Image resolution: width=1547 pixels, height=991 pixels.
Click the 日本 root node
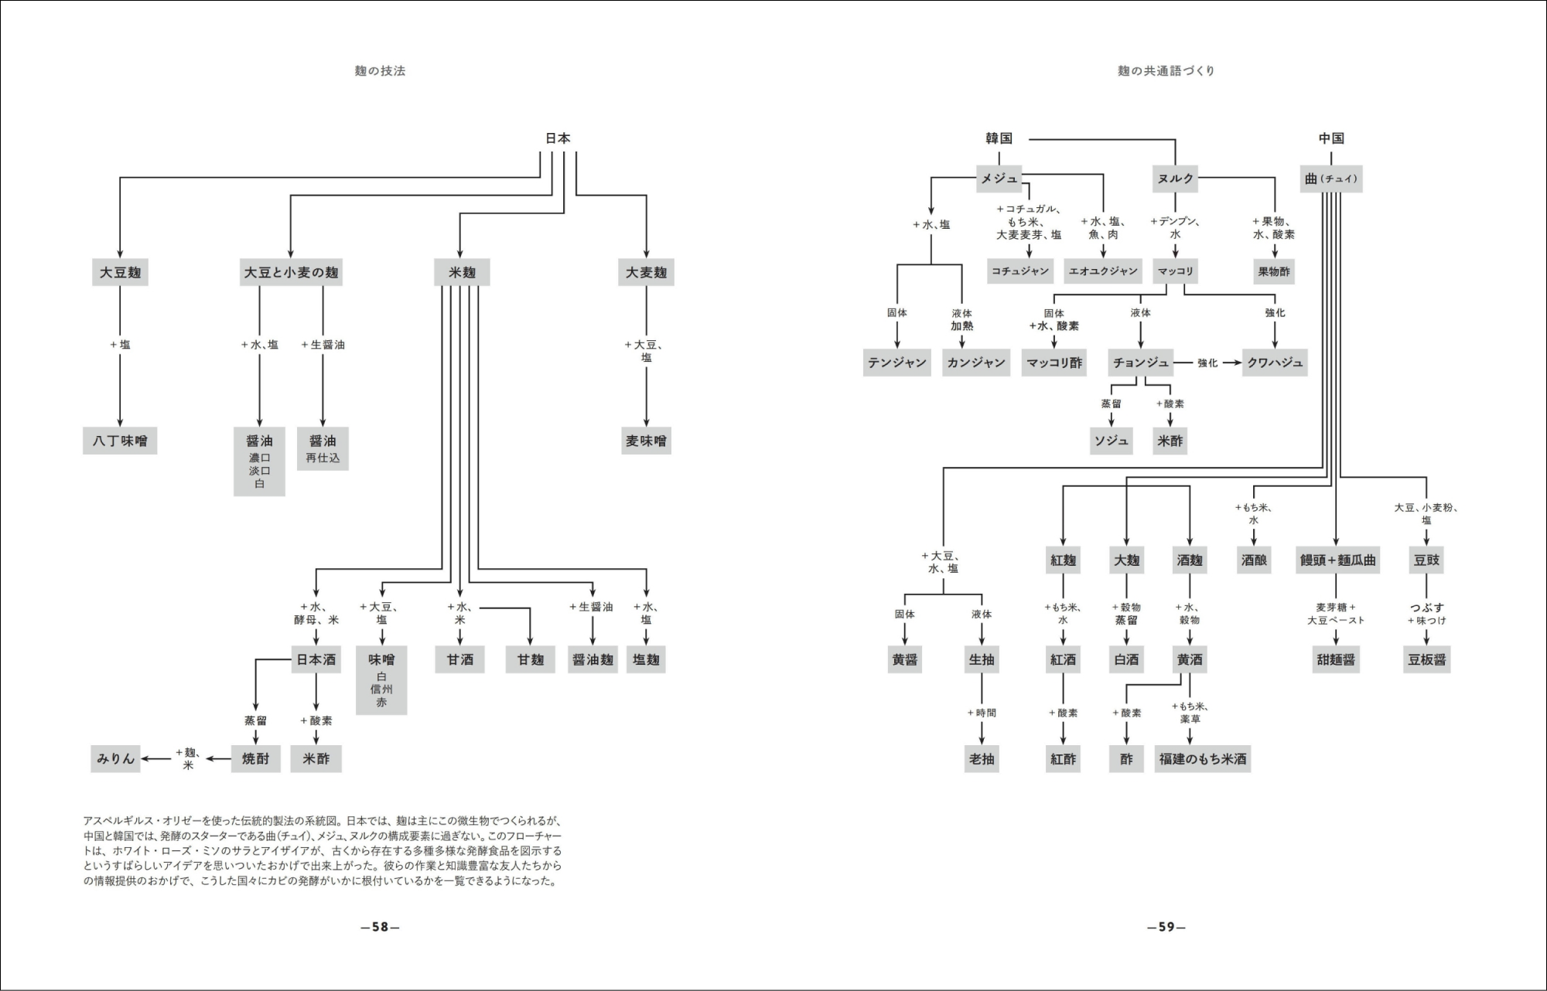[x=558, y=138]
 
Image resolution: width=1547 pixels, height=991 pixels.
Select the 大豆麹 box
[x=120, y=272]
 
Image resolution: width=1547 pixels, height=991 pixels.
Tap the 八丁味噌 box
[x=120, y=441]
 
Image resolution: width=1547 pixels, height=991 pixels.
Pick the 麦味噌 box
[x=646, y=441]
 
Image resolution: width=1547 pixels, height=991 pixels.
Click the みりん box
[x=116, y=758]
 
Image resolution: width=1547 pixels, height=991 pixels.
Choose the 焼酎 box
[x=255, y=758]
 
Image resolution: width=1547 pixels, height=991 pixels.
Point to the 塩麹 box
[x=646, y=659]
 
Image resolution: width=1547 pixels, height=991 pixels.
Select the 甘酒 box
[x=460, y=659]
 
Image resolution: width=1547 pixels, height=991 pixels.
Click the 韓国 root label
[x=999, y=138]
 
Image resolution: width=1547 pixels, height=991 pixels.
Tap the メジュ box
[x=999, y=179]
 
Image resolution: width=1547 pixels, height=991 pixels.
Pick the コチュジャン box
[x=1020, y=271]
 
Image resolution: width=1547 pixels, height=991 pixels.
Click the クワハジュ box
[x=1275, y=363]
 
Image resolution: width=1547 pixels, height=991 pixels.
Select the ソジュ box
[x=1112, y=441]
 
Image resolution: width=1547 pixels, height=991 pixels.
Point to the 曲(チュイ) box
[x=1330, y=179]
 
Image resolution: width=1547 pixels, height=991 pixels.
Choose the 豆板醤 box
[x=1426, y=659]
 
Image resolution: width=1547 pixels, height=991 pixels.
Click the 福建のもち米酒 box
[x=1203, y=758]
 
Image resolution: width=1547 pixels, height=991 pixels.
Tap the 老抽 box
[x=982, y=758]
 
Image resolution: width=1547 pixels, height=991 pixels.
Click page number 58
[x=380, y=927]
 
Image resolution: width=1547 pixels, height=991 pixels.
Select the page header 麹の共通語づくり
[x=1166, y=71]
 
